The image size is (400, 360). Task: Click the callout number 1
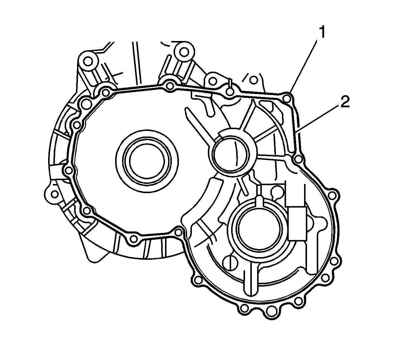tap(322, 33)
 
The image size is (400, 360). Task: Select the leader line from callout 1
tap(303, 66)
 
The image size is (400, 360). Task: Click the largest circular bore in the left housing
tap(147, 161)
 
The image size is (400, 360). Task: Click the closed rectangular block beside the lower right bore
tap(297, 223)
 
